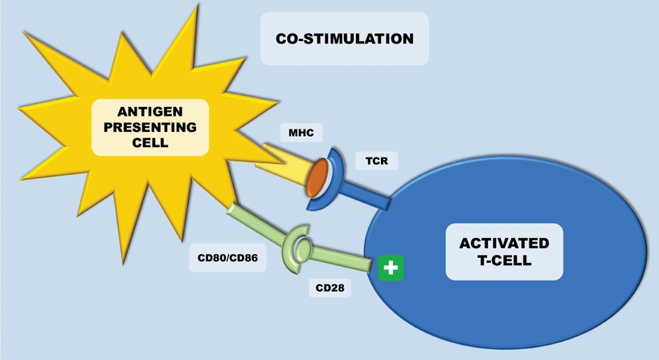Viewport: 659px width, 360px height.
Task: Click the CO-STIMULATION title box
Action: point(344,39)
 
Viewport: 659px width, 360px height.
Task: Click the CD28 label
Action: point(329,287)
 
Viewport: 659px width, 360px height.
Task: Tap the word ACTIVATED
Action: point(504,243)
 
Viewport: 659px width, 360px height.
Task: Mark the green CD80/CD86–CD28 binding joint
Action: point(296,250)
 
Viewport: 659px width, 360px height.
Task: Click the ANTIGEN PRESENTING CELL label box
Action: point(150,126)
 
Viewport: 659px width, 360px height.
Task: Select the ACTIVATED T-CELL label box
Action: point(504,252)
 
